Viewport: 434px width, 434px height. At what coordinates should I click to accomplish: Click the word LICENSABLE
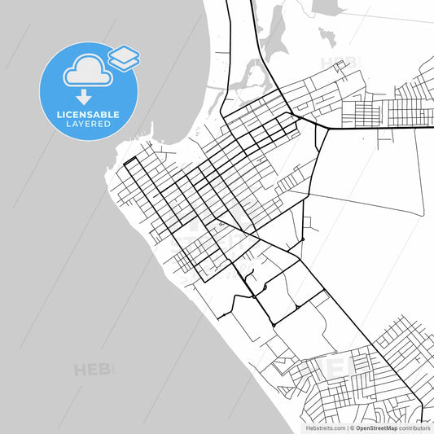tap(88, 115)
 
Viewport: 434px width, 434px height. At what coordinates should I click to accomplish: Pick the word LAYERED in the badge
tap(88, 125)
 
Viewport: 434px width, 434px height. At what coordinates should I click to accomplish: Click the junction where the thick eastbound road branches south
tap(327, 127)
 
